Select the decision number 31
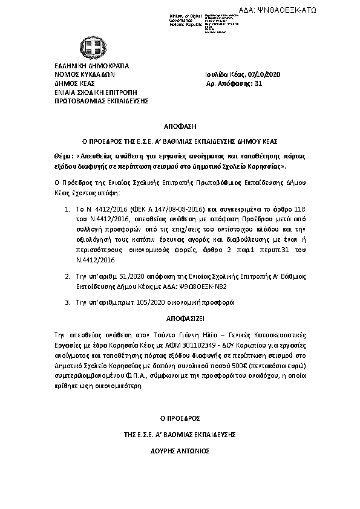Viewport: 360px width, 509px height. pyautogui.click(x=258, y=83)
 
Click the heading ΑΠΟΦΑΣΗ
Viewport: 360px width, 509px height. pyautogui.click(x=179, y=128)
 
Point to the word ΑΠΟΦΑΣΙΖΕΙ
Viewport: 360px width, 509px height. pyautogui.click(x=179, y=317)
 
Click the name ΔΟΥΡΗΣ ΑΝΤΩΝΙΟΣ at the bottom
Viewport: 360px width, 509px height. pyautogui.click(x=180, y=451)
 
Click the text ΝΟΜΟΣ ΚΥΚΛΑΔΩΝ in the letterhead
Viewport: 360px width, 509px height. pyautogui.click(x=80, y=74)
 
